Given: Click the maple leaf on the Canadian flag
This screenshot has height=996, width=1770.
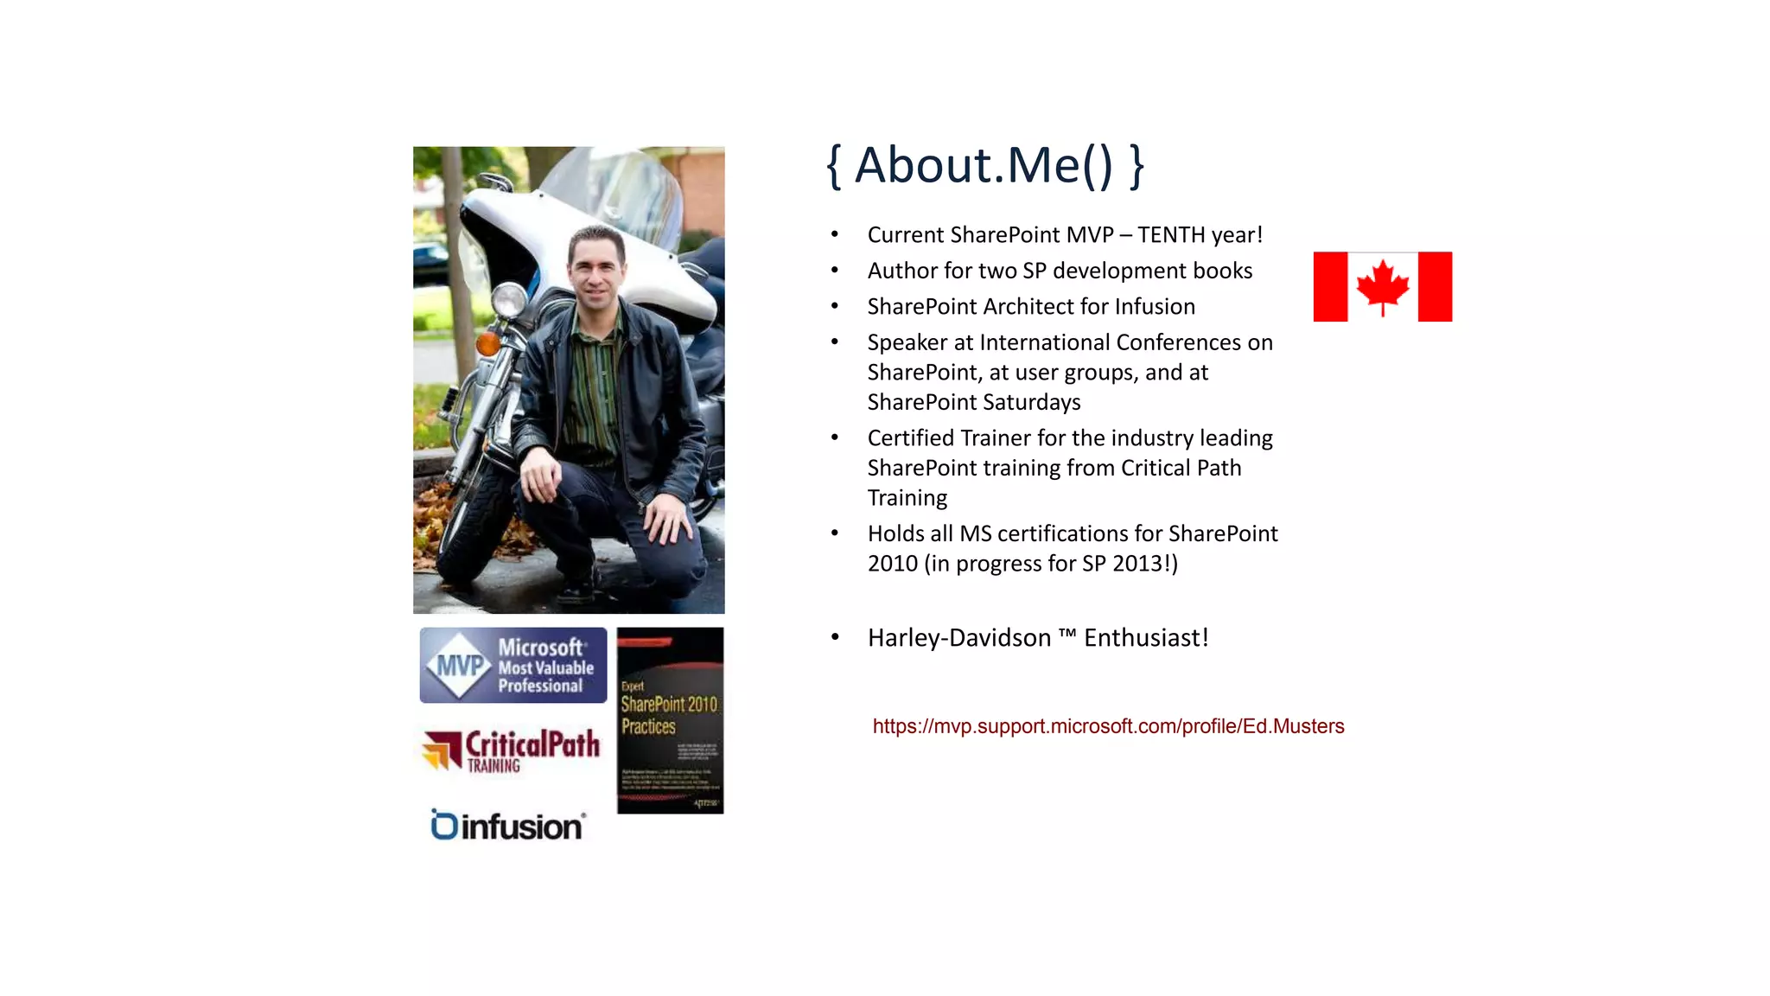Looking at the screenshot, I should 1382,286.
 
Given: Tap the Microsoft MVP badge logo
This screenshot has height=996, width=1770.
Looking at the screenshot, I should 513,665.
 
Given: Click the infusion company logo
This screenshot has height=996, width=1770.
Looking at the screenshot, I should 508,826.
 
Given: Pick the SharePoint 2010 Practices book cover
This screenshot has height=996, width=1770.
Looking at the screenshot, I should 670,720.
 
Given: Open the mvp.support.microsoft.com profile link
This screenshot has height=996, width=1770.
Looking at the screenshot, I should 1108,726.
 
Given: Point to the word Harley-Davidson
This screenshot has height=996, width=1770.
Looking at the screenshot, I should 959,638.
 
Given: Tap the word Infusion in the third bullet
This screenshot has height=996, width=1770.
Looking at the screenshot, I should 1155,307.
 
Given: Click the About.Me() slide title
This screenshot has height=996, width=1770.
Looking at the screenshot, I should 985,165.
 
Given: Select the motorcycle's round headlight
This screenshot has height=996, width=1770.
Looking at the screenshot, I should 508,300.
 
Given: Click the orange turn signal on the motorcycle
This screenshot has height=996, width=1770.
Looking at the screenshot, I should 487,344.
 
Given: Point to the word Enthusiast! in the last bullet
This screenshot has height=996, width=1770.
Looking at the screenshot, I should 1146,638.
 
